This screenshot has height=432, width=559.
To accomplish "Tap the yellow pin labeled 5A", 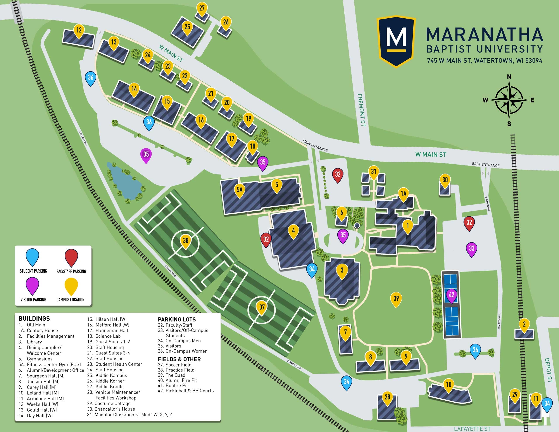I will click(239, 190).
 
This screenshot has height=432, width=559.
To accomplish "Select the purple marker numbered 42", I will click(452, 295).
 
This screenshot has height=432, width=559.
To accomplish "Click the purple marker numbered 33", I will click(471, 248).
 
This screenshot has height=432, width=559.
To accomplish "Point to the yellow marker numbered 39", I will click(396, 299).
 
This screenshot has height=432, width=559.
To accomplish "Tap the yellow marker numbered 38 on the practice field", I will click(186, 241).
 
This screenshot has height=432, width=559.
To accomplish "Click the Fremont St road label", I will click(361, 110).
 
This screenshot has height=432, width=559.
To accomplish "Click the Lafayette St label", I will click(472, 429).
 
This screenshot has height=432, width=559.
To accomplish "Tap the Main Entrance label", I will click(315, 145).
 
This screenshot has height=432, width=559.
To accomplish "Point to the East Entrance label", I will click(486, 165).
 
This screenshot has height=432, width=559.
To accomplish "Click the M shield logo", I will click(396, 41).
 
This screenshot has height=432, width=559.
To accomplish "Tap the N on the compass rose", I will click(509, 77).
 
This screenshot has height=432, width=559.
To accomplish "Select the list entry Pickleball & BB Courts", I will click(186, 391).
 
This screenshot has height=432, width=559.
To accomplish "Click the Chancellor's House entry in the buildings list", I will click(111, 409).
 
